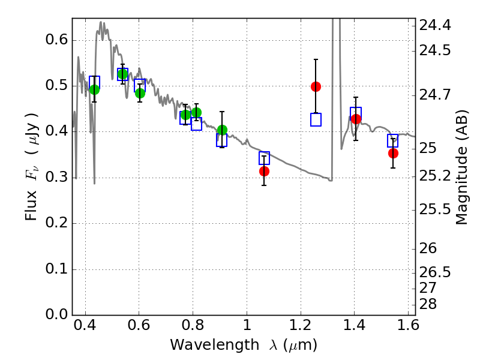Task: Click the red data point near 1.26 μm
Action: (316, 86)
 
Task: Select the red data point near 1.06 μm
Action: (264, 171)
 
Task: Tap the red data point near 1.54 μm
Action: (393, 153)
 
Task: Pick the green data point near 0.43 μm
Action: (94, 89)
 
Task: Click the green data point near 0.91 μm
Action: (222, 130)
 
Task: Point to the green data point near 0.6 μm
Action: (140, 93)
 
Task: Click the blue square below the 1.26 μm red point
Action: (316, 119)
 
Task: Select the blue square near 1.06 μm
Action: (264, 158)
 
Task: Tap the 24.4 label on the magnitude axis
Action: (436, 25)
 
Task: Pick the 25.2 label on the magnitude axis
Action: (436, 176)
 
